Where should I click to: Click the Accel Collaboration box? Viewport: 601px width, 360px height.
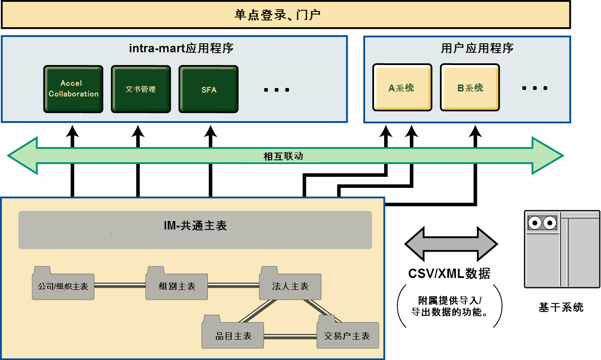pos(73,89)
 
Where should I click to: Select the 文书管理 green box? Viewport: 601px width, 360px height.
pos(141,89)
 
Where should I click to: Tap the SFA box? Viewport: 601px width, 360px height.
pos(208,89)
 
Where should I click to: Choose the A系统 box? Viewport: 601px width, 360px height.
pos(402,87)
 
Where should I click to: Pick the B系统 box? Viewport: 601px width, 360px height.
pos(470,87)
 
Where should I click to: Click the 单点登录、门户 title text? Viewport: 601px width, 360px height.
pos(278,15)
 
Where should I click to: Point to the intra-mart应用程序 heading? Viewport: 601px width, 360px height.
pos(181,48)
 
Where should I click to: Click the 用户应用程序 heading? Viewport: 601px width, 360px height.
pos(477,48)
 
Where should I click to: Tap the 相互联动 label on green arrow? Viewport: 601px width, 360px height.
pos(283,156)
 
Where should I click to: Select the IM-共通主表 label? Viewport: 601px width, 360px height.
pos(196,226)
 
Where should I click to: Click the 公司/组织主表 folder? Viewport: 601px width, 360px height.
pos(63,283)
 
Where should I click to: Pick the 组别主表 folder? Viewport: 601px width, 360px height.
pos(176,283)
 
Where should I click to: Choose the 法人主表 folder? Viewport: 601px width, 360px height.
pos(290,283)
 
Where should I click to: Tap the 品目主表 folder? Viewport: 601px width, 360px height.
pos(232,332)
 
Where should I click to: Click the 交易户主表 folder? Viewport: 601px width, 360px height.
pos(348,332)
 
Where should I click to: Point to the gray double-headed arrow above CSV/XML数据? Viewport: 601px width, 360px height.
pos(451,244)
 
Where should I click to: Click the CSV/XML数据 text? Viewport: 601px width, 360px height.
pos(449,274)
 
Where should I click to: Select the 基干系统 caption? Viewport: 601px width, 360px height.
pos(561,307)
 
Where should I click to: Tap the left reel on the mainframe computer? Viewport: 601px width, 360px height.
pos(535,223)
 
